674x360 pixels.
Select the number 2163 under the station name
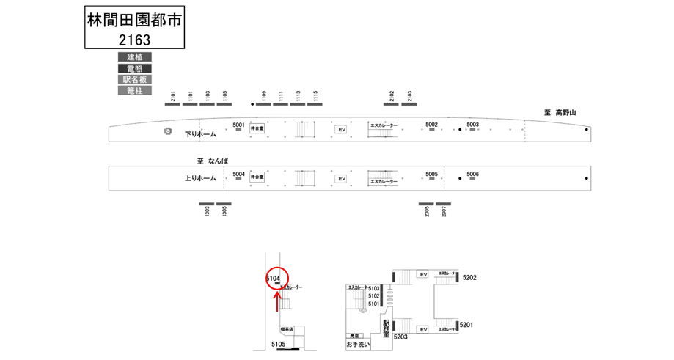(x=133, y=40)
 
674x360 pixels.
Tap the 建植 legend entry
(x=134, y=57)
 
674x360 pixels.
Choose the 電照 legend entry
(x=134, y=68)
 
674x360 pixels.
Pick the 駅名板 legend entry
(x=134, y=79)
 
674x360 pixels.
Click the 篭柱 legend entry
(x=134, y=91)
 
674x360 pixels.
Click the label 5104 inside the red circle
(x=273, y=278)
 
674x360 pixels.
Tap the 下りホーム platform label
(x=200, y=134)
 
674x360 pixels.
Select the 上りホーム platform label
(x=200, y=178)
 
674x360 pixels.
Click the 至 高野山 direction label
(x=560, y=112)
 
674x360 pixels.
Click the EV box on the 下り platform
(x=340, y=130)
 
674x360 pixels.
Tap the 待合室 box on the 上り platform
(x=257, y=177)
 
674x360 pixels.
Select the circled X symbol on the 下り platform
(x=168, y=131)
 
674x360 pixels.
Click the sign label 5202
(x=470, y=278)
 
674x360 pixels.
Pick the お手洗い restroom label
(x=359, y=343)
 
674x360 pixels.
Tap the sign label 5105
(x=278, y=344)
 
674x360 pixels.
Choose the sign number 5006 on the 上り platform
(x=472, y=174)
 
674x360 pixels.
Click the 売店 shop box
(x=355, y=335)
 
